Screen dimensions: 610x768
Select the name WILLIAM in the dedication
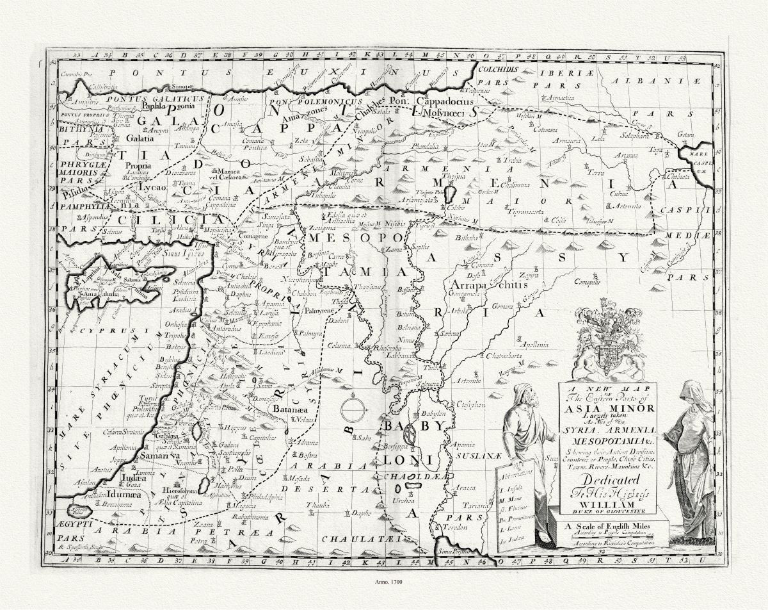click(x=607, y=503)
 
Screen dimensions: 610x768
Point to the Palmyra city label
click(x=310, y=334)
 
